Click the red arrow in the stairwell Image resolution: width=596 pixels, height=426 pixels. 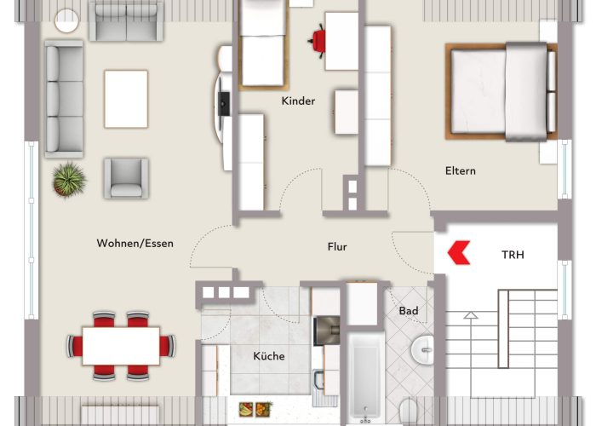click(x=460, y=252)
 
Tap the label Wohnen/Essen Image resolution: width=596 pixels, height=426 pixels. click(x=135, y=244)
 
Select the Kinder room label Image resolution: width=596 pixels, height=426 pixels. click(x=298, y=101)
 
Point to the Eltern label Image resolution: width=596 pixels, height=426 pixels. click(x=461, y=170)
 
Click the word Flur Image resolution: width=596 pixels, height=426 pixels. click(x=337, y=247)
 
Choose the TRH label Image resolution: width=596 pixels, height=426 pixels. click(x=513, y=254)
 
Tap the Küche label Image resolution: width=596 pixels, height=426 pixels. click(x=269, y=356)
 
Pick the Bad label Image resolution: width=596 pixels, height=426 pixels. click(x=409, y=311)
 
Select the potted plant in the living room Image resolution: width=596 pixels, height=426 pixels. click(x=67, y=179)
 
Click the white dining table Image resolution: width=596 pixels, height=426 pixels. click(x=121, y=345)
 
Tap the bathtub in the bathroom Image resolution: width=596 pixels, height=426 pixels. click(x=364, y=378)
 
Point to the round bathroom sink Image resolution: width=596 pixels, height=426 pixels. click(x=423, y=349)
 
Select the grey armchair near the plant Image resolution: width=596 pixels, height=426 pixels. click(x=126, y=177)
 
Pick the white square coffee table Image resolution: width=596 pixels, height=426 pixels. click(x=126, y=98)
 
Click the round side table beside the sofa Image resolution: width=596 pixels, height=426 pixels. click(x=66, y=20)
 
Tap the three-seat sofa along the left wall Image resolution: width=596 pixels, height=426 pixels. click(x=64, y=100)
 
